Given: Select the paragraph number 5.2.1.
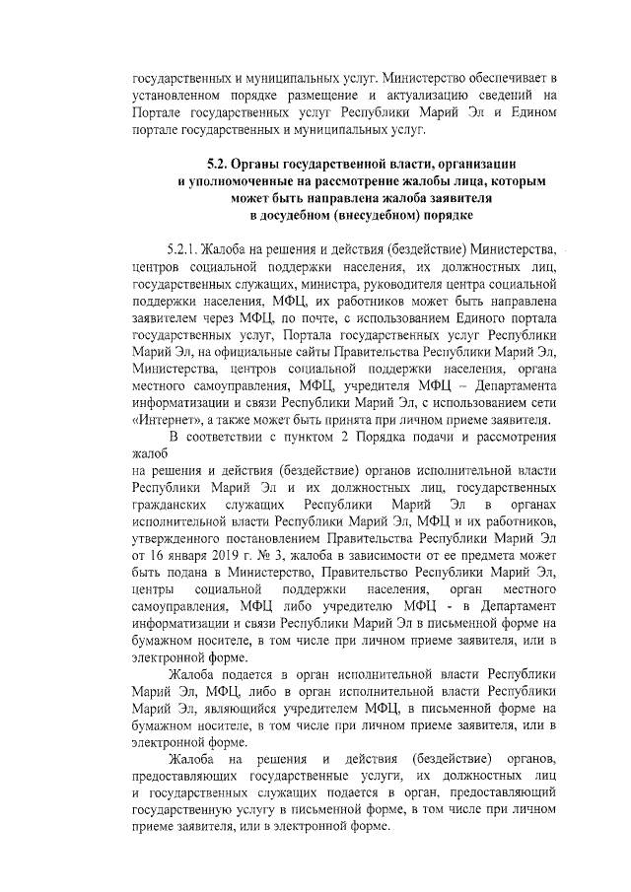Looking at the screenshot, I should click(x=185, y=245).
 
